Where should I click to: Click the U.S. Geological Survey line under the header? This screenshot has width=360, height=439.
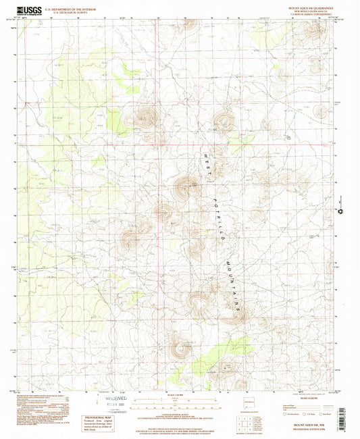67,14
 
